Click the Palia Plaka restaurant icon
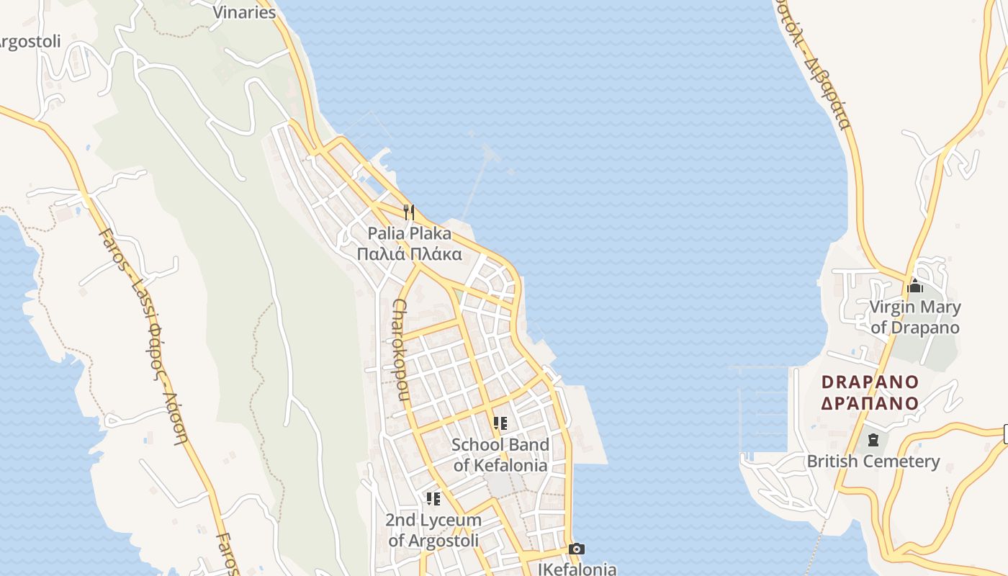tap(409, 212)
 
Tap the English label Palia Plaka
tap(410, 233)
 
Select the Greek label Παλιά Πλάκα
tap(410, 254)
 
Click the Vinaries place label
tap(245, 12)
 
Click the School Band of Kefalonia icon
tap(500, 423)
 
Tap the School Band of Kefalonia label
tap(500, 455)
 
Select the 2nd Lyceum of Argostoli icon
tap(433, 498)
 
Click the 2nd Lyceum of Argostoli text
tap(433, 530)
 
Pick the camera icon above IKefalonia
tap(576, 549)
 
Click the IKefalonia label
tap(577, 569)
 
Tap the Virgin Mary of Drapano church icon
tap(915, 286)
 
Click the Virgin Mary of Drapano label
tap(915, 318)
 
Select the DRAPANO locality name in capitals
tap(870, 382)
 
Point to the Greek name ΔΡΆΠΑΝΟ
tap(870, 403)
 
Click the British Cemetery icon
tap(873, 440)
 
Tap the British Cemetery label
tap(873, 462)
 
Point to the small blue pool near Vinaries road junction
tap(374, 184)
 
